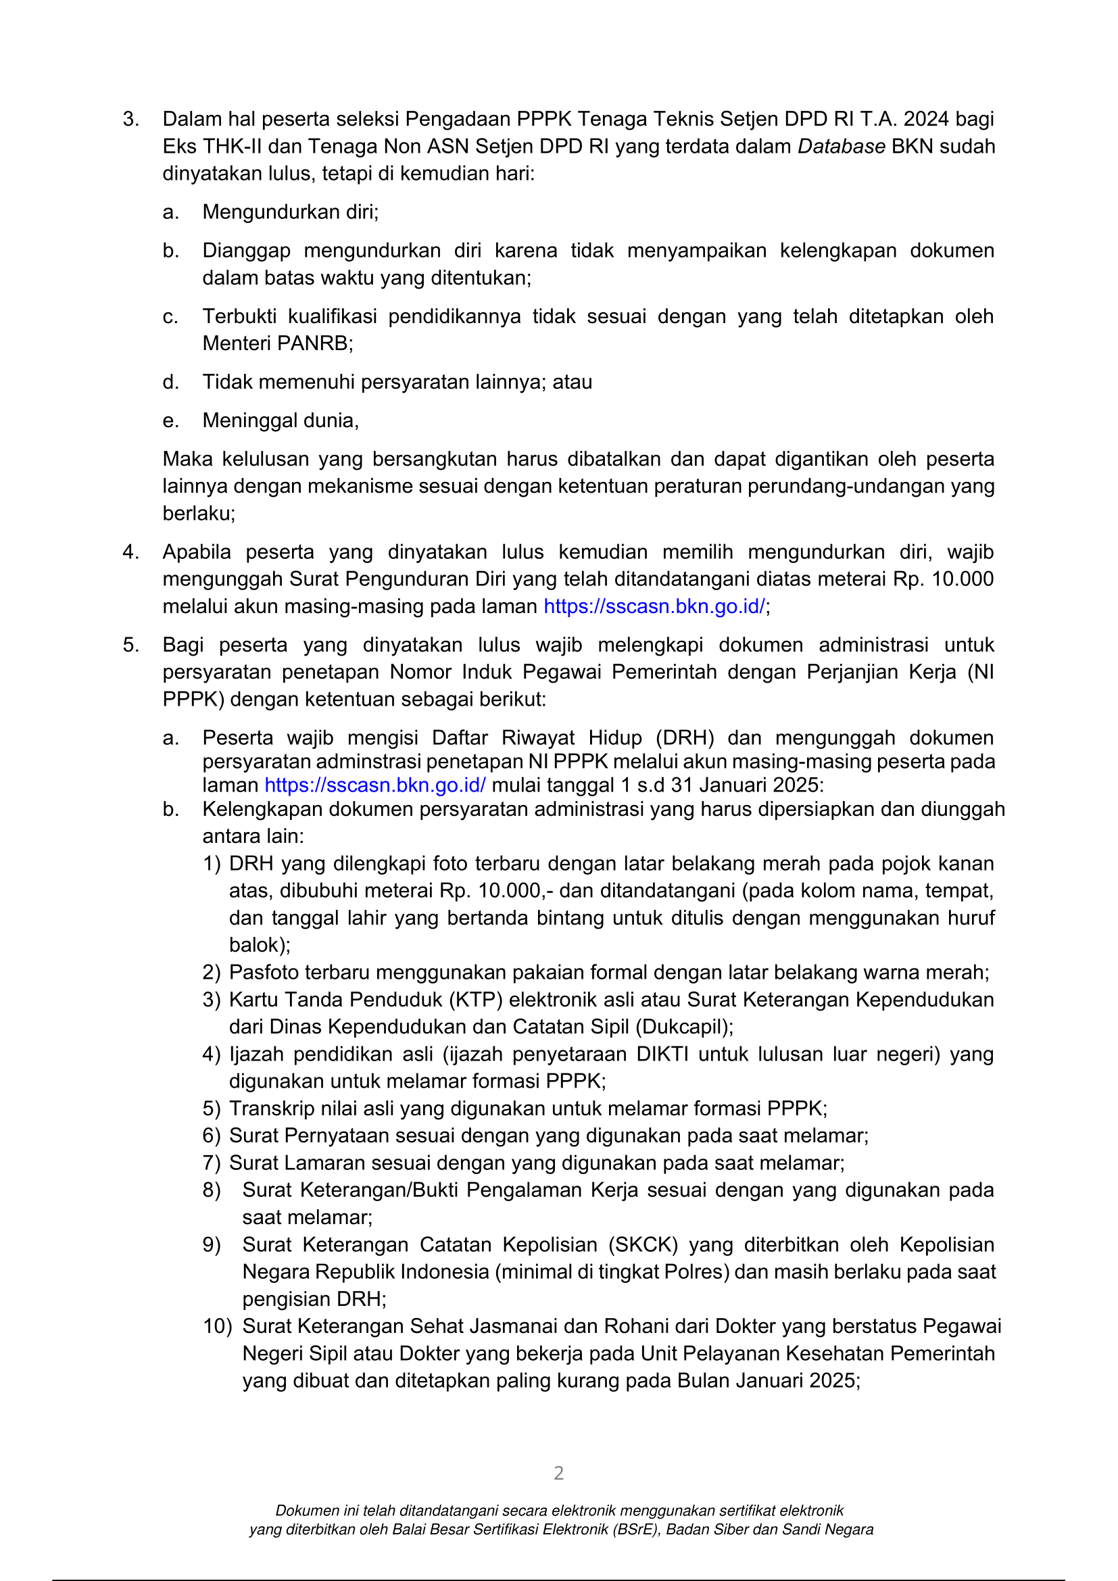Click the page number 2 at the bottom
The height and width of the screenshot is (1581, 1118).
click(x=558, y=1473)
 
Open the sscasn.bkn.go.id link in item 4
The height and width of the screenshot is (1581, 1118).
click(x=654, y=606)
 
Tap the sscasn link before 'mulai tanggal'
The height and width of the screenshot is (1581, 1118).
click(x=375, y=785)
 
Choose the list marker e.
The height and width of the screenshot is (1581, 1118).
click(x=171, y=420)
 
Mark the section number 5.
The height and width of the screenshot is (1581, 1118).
click(x=130, y=646)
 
